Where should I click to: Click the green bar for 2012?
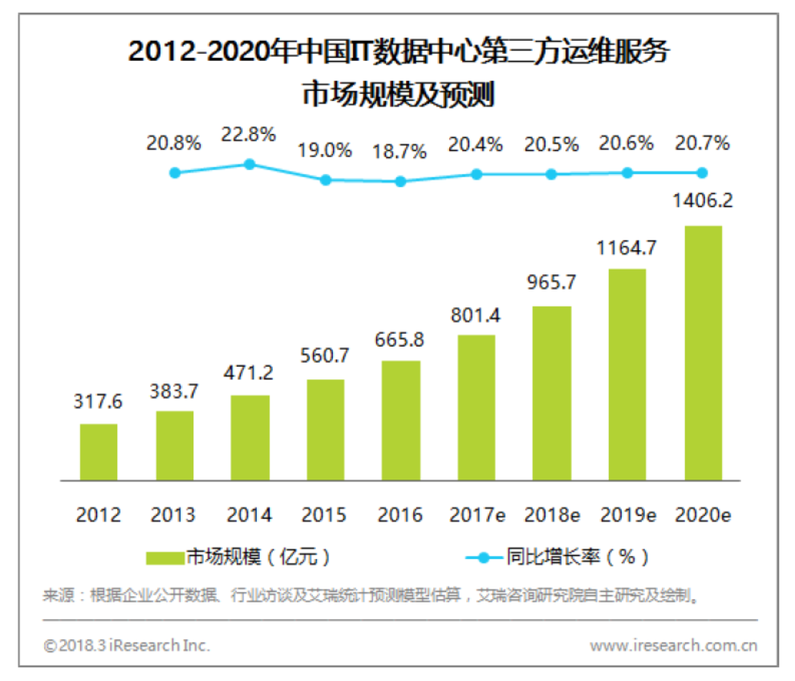click(x=99, y=452)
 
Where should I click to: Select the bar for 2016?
click(x=400, y=420)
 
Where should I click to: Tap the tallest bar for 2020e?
click(x=702, y=353)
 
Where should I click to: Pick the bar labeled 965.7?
click(x=552, y=393)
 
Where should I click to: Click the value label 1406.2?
click(x=702, y=201)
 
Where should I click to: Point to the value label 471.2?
click(x=249, y=373)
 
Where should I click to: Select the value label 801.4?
click(x=477, y=315)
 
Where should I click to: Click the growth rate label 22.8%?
click(x=249, y=134)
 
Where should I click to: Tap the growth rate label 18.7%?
click(x=400, y=152)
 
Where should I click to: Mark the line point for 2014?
click(x=249, y=164)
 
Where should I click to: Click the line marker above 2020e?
click(x=702, y=172)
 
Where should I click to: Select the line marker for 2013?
click(x=174, y=172)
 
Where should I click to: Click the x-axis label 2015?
click(x=325, y=515)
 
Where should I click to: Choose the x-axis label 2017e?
click(x=477, y=515)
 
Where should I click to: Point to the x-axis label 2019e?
click(x=627, y=515)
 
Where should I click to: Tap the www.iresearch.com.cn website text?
click(x=673, y=645)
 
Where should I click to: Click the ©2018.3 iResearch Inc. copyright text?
click(x=127, y=645)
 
